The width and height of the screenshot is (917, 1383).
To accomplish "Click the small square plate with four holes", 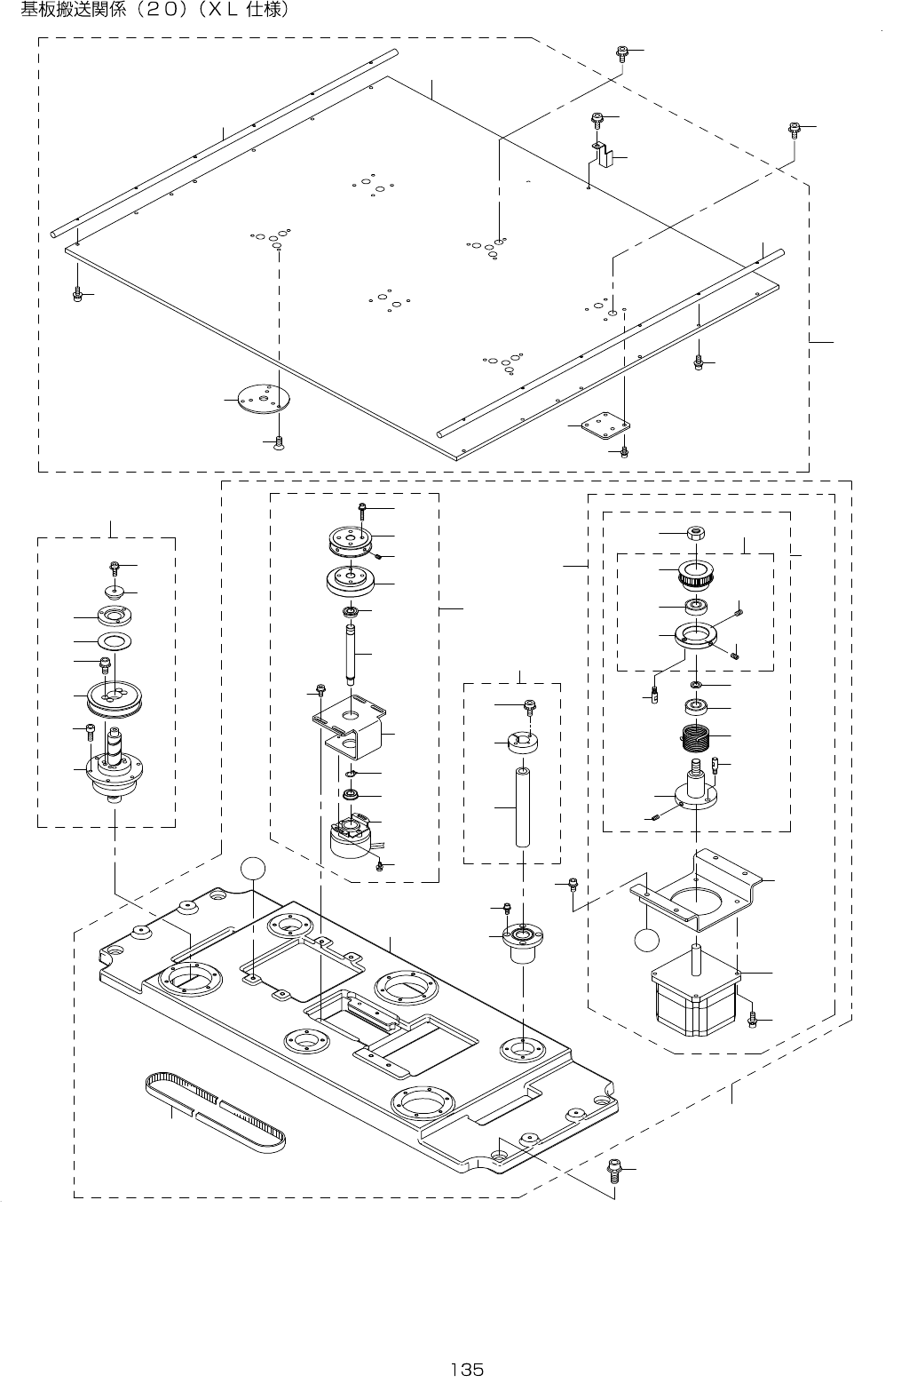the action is [x=605, y=425].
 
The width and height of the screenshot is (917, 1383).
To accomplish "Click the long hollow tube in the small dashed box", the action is [x=523, y=807].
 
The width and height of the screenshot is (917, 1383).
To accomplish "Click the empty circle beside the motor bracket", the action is [x=646, y=940].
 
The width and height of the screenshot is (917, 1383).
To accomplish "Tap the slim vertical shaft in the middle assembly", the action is [x=351, y=655].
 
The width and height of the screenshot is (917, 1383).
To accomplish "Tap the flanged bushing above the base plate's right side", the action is [x=523, y=943].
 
